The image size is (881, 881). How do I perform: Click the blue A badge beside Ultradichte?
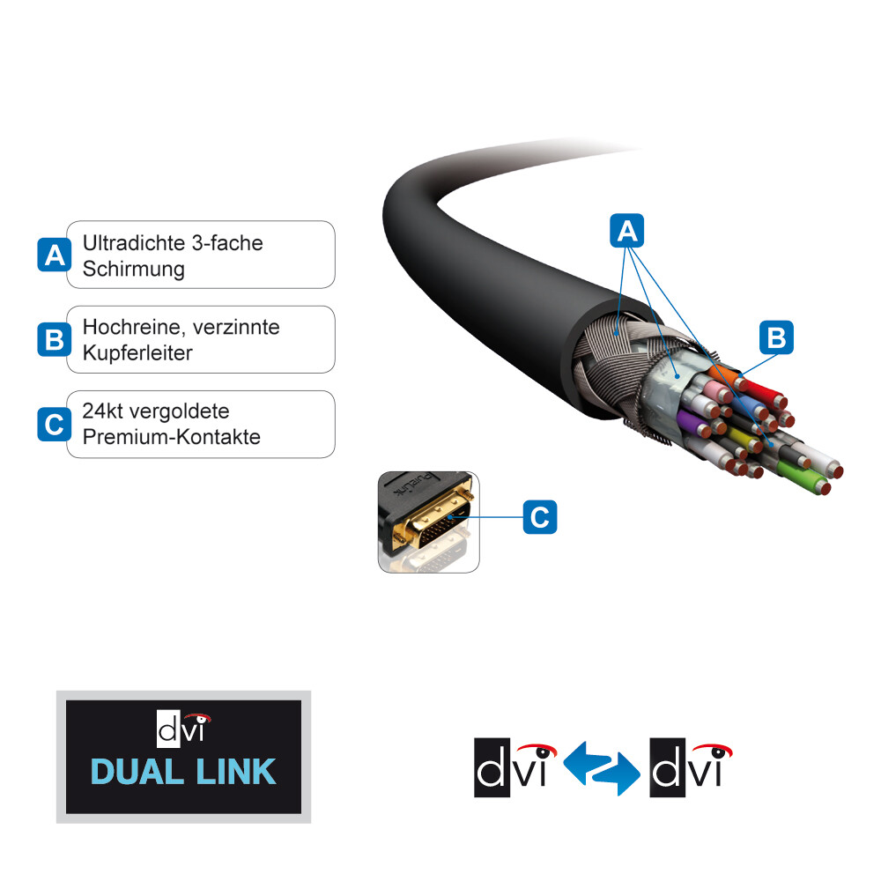point(55,255)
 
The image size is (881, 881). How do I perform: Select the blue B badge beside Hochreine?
point(55,340)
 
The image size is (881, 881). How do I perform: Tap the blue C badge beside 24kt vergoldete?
point(55,425)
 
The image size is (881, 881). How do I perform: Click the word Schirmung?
point(134,270)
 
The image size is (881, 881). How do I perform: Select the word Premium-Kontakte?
point(172,437)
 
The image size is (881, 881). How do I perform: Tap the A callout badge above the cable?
point(627,232)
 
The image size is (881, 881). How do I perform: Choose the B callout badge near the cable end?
point(776,337)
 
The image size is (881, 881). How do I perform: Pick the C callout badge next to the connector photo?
point(540,517)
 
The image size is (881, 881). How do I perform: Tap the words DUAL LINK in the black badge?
point(183,772)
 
